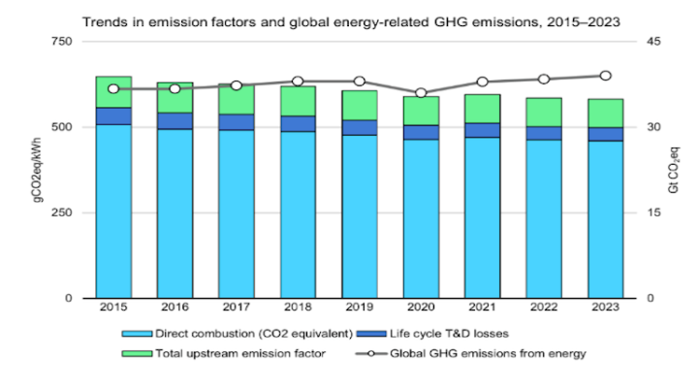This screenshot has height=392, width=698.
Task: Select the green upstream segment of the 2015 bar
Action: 113,91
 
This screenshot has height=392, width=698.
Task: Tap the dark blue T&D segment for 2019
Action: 359,127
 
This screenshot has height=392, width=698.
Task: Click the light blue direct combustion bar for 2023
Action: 605,218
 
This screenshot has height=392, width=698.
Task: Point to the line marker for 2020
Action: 421,93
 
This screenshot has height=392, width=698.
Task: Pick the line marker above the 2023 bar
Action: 605,76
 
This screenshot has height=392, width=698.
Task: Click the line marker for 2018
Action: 298,82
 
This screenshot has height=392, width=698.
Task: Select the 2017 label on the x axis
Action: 236,308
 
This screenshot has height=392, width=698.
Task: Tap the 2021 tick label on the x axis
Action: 482,308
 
